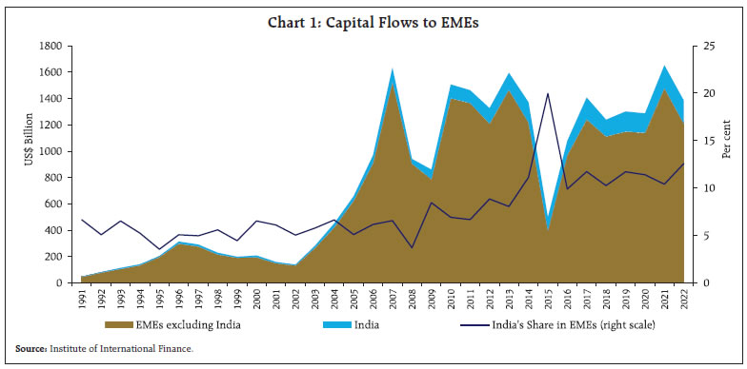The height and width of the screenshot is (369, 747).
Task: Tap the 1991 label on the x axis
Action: coord(82,300)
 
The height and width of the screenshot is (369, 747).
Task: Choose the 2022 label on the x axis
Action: coord(682,300)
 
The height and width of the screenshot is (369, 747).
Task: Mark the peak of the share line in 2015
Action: coord(547,93)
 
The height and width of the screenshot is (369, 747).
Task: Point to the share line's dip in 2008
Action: coord(412,248)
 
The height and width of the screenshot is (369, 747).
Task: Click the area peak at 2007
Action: coord(392,69)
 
